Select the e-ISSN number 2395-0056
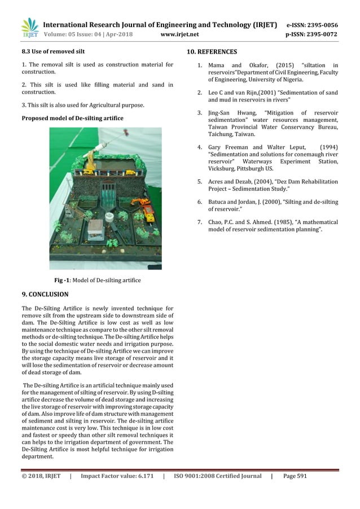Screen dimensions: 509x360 point(321,25)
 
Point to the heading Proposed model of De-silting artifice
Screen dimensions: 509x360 point(72,117)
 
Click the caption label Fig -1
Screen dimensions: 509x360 point(63,280)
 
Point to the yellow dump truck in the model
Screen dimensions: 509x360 point(148,212)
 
